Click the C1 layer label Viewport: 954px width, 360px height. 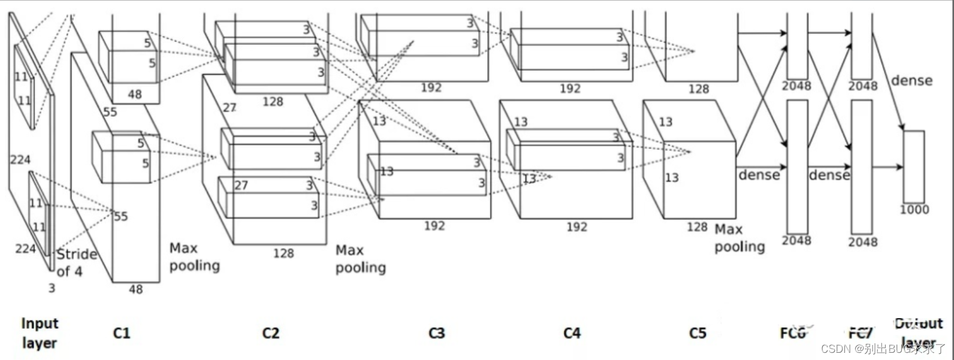(x=122, y=333)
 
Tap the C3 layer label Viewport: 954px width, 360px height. (x=437, y=333)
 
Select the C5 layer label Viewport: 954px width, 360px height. (x=698, y=333)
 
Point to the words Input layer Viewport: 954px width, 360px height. (x=40, y=333)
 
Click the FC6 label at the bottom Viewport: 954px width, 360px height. (x=793, y=333)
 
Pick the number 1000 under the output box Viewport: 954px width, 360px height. (x=914, y=210)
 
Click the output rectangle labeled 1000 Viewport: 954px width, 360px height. (x=914, y=166)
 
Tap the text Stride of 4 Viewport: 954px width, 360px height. (x=76, y=262)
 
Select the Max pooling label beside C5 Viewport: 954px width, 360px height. (x=739, y=238)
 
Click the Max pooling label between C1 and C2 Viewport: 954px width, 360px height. (x=194, y=256)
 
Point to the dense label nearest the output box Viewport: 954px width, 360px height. (x=911, y=80)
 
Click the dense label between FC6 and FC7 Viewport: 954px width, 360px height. (x=829, y=175)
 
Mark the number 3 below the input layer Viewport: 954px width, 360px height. (x=52, y=288)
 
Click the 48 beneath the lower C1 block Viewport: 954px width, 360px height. (x=136, y=289)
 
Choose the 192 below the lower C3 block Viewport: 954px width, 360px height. (x=434, y=226)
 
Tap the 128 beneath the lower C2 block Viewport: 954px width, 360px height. (x=283, y=253)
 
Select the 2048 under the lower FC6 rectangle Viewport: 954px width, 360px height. (x=796, y=240)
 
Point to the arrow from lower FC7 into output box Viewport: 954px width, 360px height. (x=887, y=167)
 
